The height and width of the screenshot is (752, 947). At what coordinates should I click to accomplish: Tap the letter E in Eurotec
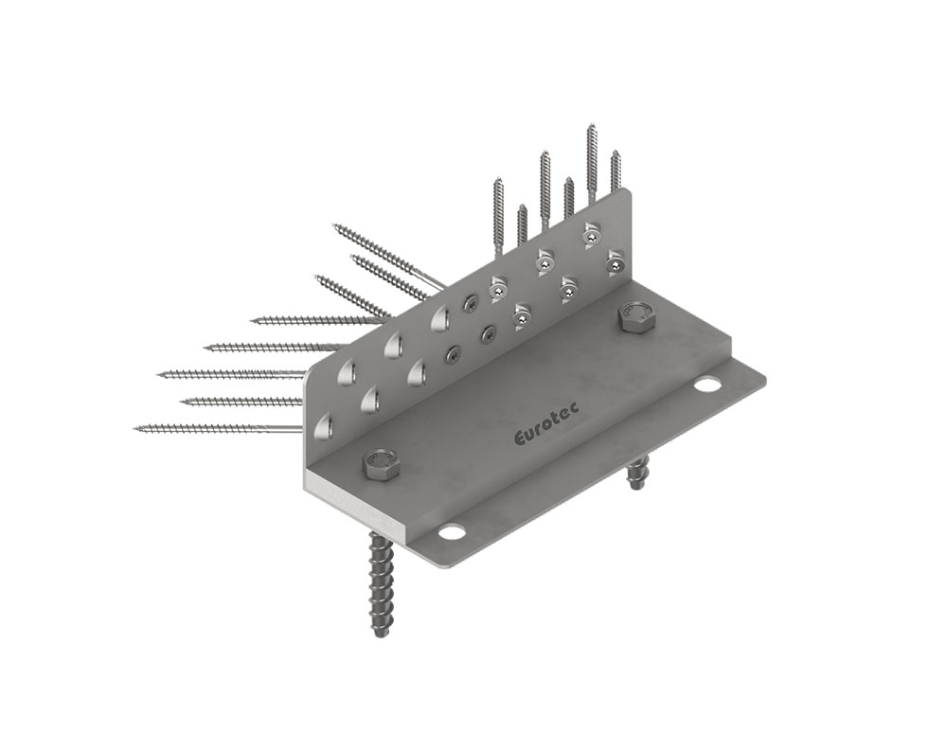[520, 438]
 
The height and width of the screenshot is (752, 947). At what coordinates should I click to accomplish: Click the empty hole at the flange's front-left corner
[452, 532]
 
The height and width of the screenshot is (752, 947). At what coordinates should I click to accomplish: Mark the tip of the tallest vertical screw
[590, 124]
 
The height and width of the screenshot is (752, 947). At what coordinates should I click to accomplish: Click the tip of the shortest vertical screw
[522, 206]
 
